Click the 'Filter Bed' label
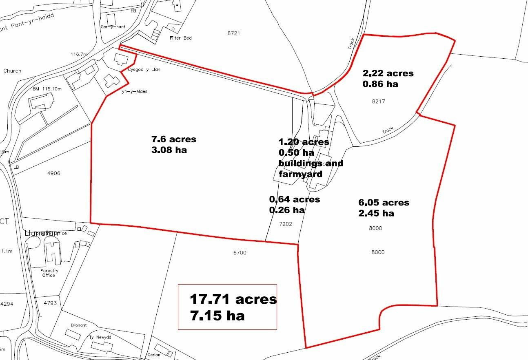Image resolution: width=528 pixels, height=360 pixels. point(180,38)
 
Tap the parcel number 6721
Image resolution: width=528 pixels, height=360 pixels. point(233,33)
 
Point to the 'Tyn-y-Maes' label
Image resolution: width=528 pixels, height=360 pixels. point(133,91)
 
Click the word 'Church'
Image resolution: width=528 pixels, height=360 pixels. point(12,71)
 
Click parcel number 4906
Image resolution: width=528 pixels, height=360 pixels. point(54,173)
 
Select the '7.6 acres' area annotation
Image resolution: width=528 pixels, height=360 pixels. point(174,139)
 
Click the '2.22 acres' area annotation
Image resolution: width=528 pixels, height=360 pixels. point(388,73)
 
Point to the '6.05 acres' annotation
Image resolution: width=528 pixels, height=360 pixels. point(384,203)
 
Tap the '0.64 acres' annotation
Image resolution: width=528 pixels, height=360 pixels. point(295,199)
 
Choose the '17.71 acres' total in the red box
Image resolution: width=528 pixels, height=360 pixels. point(233,299)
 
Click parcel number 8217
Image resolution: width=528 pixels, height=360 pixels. point(378,102)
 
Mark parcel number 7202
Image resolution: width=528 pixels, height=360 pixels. point(286,224)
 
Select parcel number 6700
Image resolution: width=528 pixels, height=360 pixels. point(240,253)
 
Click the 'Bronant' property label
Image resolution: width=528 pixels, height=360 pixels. point(79,325)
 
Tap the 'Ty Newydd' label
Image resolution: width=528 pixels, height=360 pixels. point(100,338)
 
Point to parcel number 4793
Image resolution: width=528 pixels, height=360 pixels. point(52,303)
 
